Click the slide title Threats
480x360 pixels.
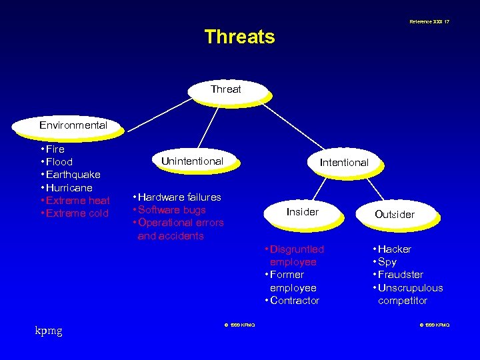(239, 37)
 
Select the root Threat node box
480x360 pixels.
(226, 89)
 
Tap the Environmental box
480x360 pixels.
(73, 125)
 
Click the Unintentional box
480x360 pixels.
(192, 161)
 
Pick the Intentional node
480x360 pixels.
(344, 163)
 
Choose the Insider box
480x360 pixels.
(303, 212)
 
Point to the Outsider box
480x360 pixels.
(395, 215)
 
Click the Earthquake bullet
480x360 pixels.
(73, 175)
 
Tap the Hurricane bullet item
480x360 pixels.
(69, 188)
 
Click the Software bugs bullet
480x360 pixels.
(172, 210)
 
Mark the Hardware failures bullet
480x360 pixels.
(179, 197)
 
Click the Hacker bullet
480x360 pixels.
(394, 249)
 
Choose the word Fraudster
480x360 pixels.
(400, 275)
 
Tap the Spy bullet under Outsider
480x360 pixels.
(387, 262)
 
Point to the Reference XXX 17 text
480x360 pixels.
(429, 22)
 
